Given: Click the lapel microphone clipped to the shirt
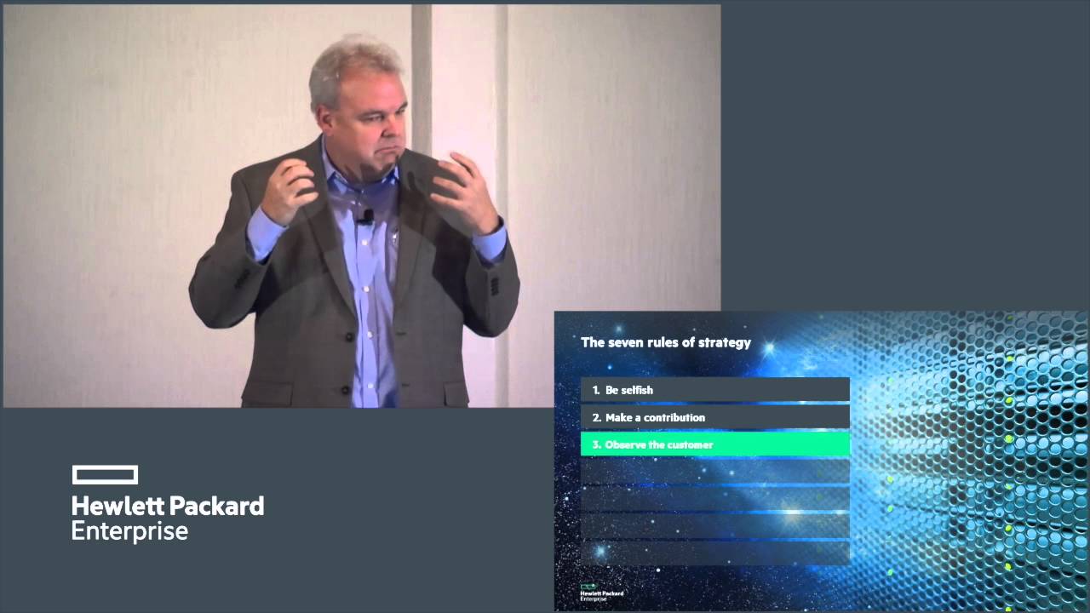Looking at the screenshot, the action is [x=366, y=217].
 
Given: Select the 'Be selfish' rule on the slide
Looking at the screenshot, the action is [x=628, y=390].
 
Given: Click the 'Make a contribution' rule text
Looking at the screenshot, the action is [x=655, y=417].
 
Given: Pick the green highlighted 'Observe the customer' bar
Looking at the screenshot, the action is [x=715, y=444].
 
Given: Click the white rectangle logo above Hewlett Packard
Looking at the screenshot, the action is [x=105, y=475].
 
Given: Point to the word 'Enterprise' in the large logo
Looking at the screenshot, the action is [x=130, y=531].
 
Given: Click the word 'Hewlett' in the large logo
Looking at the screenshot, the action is [x=118, y=506].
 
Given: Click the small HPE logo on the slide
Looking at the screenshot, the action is [x=601, y=593].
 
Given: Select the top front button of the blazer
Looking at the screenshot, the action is [x=349, y=336].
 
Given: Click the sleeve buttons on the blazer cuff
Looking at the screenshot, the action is [x=495, y=286].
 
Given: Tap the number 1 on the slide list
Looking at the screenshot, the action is [x=595, y=390].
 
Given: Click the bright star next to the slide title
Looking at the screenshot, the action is [x=769, y=348].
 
